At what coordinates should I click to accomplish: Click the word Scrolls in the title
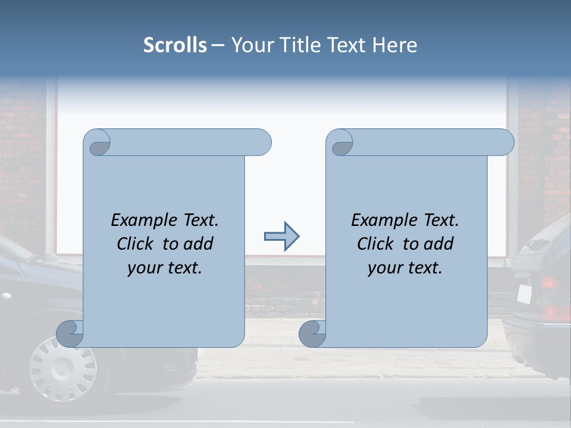175,45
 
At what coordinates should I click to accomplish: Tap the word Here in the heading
394,45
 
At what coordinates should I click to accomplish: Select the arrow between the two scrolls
281,237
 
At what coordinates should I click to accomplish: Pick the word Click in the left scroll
136,244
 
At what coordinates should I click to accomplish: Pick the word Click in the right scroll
377,244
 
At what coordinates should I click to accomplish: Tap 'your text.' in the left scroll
165,267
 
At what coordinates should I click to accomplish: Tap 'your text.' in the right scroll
405,267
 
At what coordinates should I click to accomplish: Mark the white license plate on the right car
523,294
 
